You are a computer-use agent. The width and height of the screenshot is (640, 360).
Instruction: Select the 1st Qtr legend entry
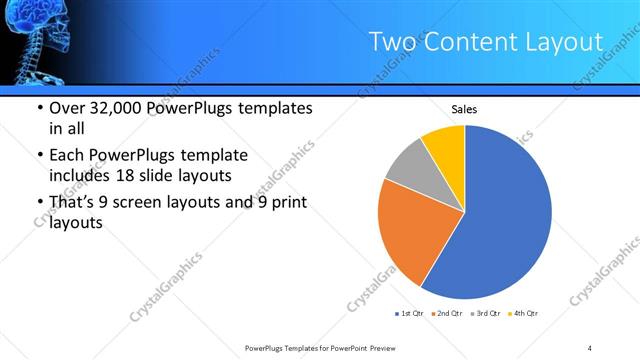408,314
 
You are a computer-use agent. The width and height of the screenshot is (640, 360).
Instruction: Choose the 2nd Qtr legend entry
445,314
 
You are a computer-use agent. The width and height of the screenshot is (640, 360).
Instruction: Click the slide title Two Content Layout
485,42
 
